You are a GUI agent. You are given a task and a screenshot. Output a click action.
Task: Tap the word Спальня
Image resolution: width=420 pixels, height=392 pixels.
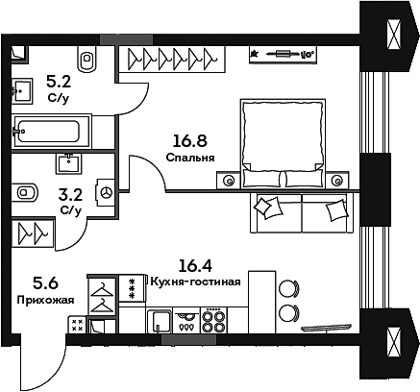[188, 159]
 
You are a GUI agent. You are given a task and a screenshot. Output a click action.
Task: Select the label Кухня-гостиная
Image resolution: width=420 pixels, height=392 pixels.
[193, 282]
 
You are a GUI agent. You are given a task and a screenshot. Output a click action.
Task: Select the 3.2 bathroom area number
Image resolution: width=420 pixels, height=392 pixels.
[70, 194]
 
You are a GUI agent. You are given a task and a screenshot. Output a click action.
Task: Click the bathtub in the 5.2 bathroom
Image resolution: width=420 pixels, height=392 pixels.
[50, 129]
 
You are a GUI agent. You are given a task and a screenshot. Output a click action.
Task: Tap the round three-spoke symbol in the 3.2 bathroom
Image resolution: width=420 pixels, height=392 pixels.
[108, 193]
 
